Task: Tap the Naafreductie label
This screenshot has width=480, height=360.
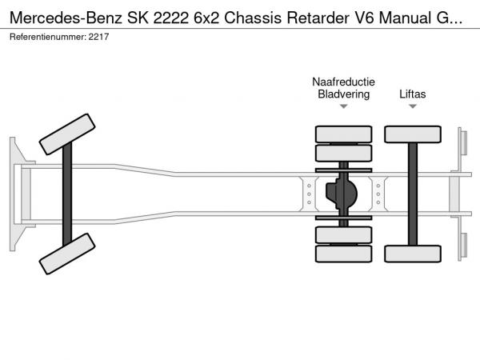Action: (343, 82)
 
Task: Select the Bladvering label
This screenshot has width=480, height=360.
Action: (343, 94)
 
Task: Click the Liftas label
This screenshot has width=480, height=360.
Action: (413, 94)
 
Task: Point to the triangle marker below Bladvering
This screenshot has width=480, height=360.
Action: (343, 106)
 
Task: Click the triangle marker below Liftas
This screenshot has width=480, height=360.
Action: (413, 106)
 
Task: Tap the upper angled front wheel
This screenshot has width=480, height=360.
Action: (67, 134)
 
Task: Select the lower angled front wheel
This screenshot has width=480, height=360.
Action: (67, 253)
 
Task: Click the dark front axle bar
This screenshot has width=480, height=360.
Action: (67, 194)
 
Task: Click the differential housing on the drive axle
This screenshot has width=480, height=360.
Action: (345, 193)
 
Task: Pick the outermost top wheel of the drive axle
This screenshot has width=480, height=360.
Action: (343, 134)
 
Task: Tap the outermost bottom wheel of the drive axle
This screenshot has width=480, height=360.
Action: (343, 254)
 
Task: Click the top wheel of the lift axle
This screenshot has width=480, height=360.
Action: (413, 134)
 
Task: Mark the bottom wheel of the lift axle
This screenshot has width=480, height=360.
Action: (413, 254)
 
